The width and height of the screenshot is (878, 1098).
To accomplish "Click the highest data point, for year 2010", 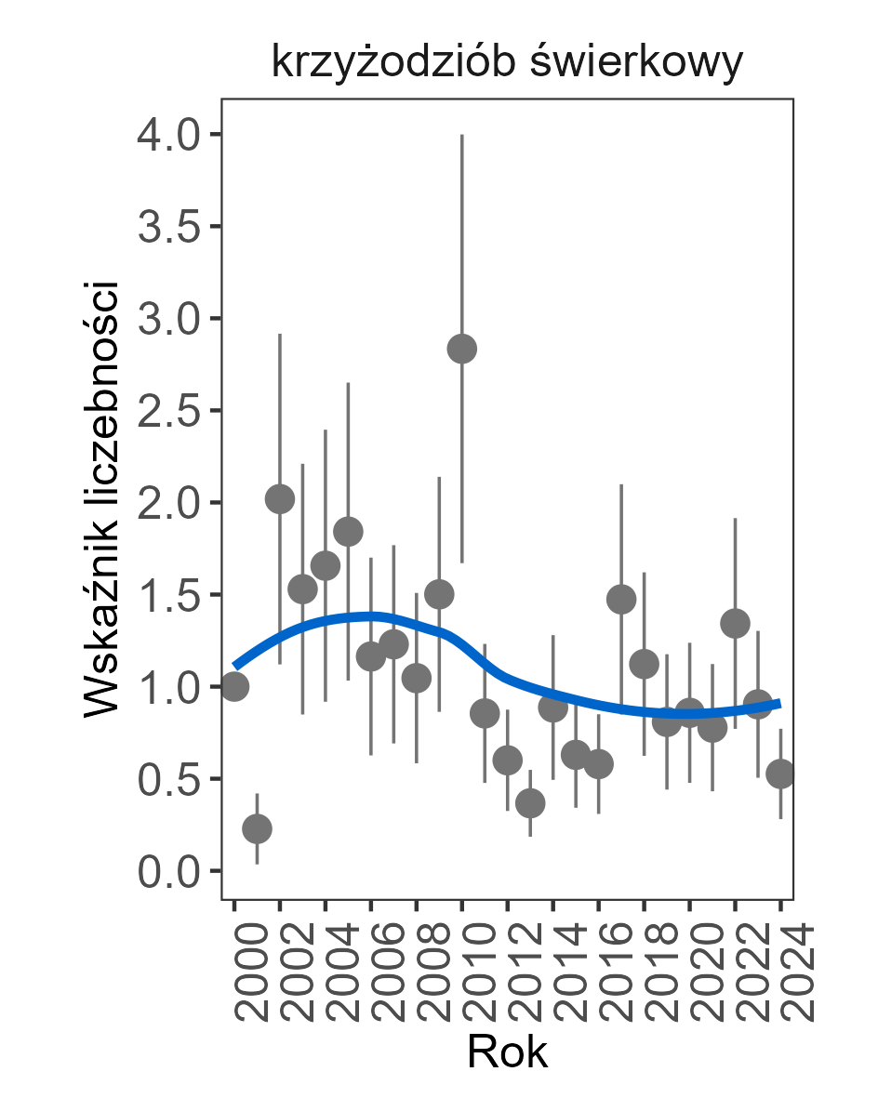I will [462, 349].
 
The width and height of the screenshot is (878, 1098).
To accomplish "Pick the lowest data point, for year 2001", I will [258, 828].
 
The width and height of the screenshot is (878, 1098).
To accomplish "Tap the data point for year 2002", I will [280, 499].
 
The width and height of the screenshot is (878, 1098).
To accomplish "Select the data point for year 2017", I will [621, 600].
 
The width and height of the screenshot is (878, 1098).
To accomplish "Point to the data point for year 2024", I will [780, 774].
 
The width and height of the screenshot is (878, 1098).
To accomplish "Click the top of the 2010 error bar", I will [462, 136].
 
